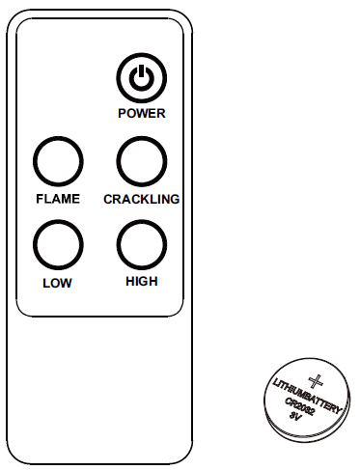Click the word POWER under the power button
coord(142,113)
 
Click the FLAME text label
coord(57,199)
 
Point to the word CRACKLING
coord(142,199)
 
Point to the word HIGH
coord(142,282)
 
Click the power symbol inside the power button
coord(142,77)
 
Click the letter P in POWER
coord(123,113)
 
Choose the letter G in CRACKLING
coord(176,199)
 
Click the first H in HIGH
coord(130,282)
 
